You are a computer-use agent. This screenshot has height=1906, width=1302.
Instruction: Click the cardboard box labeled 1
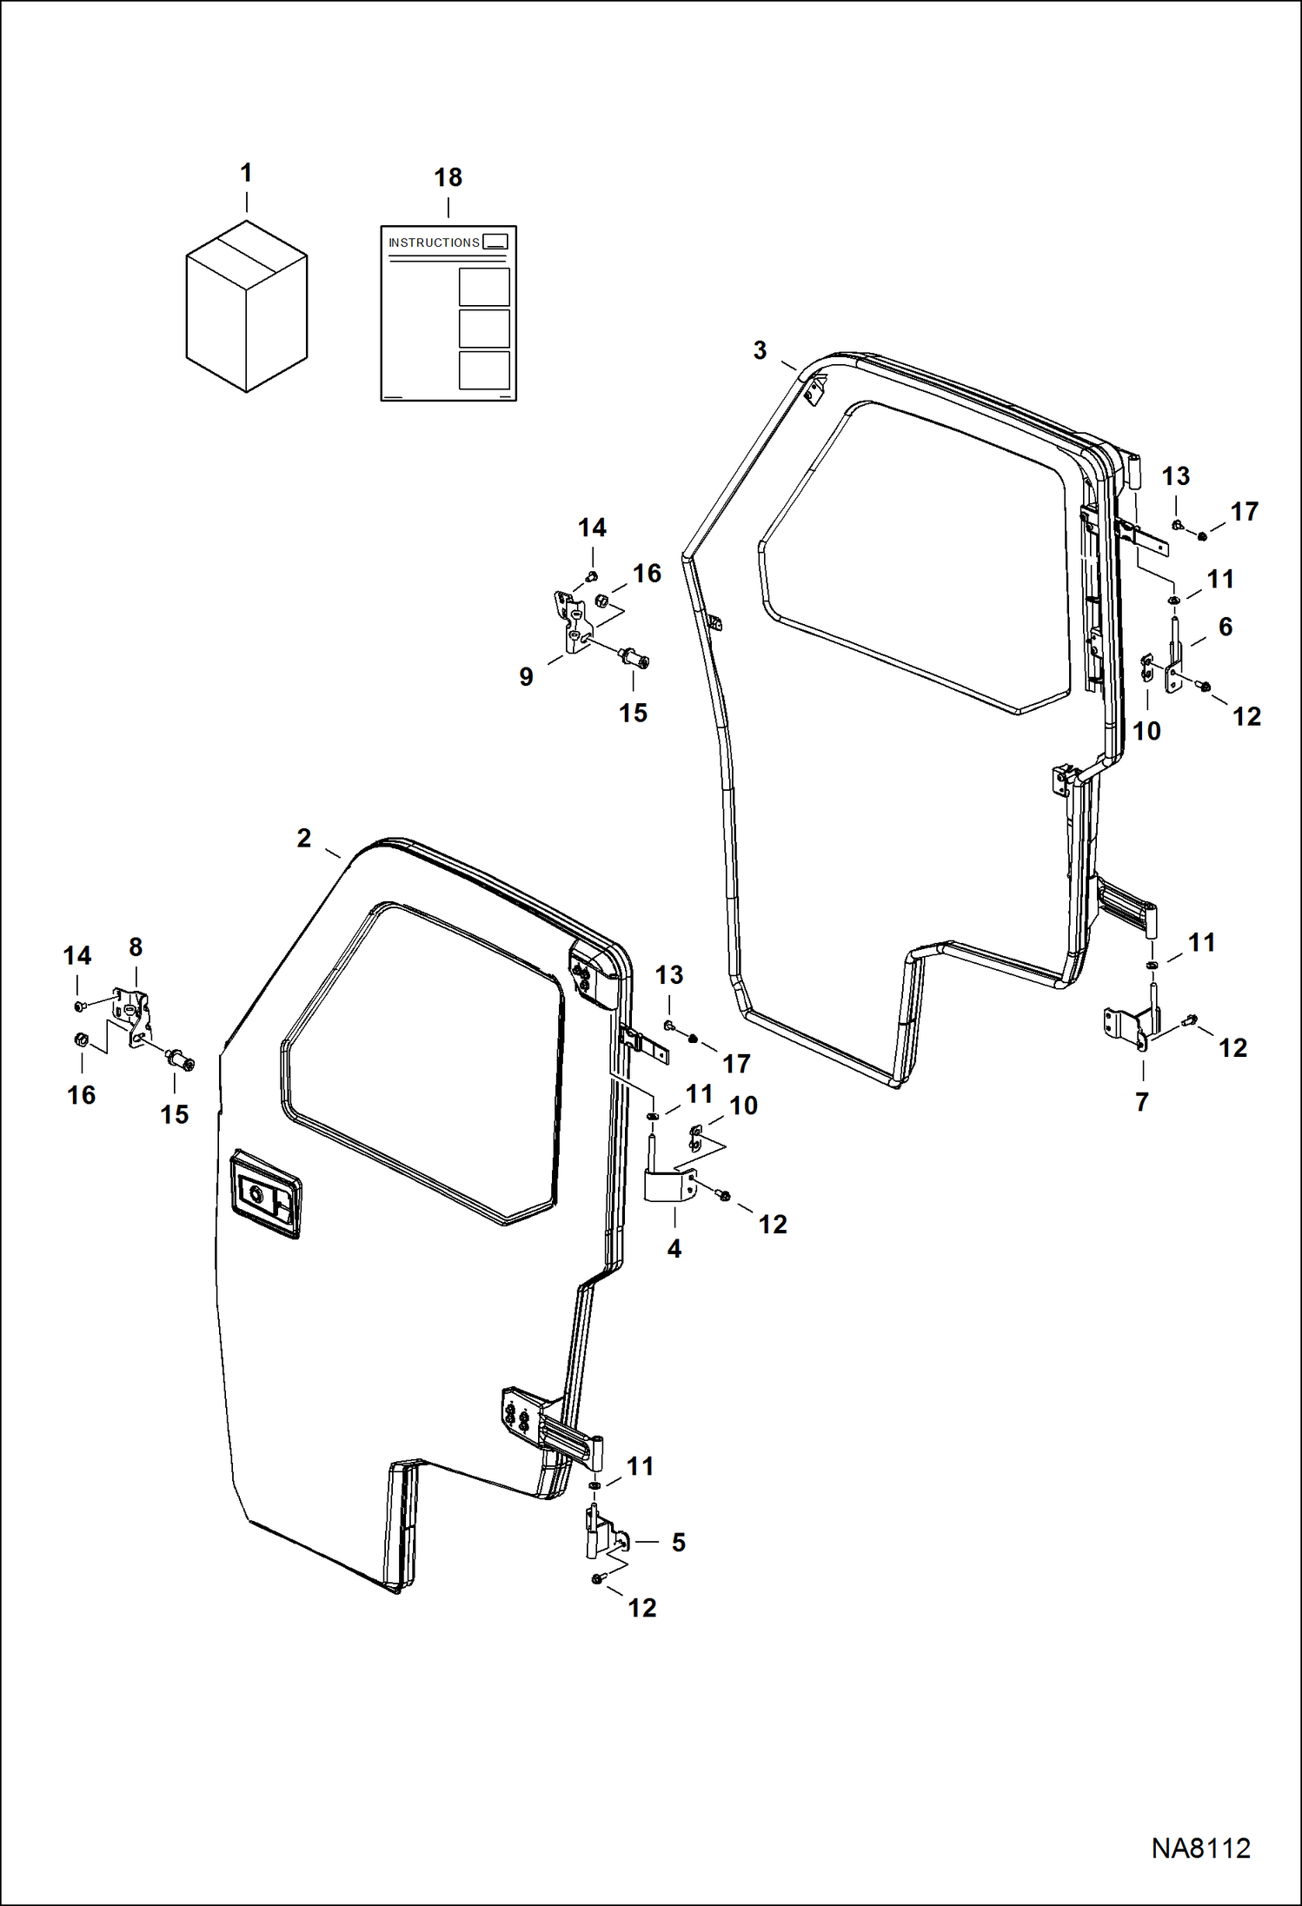coord(246,306)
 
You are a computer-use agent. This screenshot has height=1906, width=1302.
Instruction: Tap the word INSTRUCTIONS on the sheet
coord(434,242)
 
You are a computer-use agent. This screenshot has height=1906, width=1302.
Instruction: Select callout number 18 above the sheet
coord(448,178)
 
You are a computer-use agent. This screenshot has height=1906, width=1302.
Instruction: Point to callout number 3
coord(760,350)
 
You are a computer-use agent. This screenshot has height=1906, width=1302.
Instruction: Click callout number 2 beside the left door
coord(303,838)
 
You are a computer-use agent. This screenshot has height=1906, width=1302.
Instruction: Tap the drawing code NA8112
coord(1200,1848)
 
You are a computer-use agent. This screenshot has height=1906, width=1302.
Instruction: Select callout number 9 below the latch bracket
coord(526,676)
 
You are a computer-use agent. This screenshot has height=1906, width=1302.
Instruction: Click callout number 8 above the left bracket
coord(136,946)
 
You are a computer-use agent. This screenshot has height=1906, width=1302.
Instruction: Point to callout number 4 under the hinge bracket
coord(674,1249)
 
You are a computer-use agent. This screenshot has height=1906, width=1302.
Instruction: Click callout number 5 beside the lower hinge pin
coord(678,1542)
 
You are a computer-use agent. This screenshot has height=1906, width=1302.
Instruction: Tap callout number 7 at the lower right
coord(1142,1101)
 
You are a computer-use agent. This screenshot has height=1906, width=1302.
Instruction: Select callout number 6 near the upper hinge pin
coord(1226,627)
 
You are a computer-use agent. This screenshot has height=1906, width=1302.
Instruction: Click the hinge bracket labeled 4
coord(668,1185)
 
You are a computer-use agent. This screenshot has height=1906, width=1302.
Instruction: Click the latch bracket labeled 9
coord(573,621)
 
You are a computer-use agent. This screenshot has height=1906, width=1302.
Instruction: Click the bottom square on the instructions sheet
coord(484,370)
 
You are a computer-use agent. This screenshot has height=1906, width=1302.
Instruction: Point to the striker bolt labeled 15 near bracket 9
coord(634,657)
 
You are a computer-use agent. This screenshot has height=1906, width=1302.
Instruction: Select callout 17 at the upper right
coord(1244,511)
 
